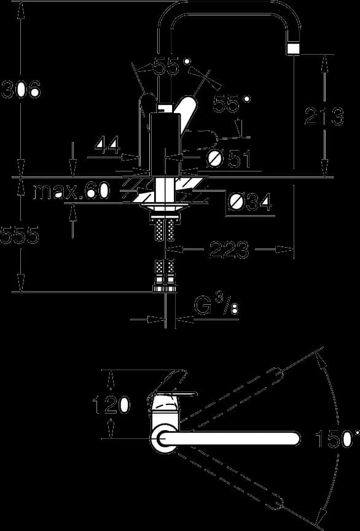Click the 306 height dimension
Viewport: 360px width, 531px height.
click(x=21, y=90)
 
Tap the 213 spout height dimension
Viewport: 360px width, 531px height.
click(x=324, y=116)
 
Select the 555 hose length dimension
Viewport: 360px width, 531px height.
click(x=20, y=235)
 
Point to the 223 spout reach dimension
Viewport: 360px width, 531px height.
click(x=229, y=250)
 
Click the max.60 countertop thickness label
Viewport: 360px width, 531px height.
click(x=72, y=191)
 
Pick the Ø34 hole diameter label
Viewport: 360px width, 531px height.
click(x=250, y=203)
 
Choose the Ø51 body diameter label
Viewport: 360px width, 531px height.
click(x=229, y=159)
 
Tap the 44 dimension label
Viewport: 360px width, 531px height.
click(x=108, y=146)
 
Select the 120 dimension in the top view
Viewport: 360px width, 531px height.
click(x=111, y=404)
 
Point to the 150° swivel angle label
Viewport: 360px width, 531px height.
click(x=337, y=439)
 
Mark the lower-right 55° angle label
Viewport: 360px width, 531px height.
click(x=232, y=104)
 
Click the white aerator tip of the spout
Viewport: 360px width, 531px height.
click(x=293, y=49)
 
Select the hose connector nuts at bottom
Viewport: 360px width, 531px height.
click(x=165, y=288)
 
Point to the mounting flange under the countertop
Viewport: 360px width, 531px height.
click(x=165, y=207)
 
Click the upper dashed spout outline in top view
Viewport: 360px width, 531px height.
click(x=230, y=396)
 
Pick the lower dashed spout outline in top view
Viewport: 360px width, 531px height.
click(x=230, y=480)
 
